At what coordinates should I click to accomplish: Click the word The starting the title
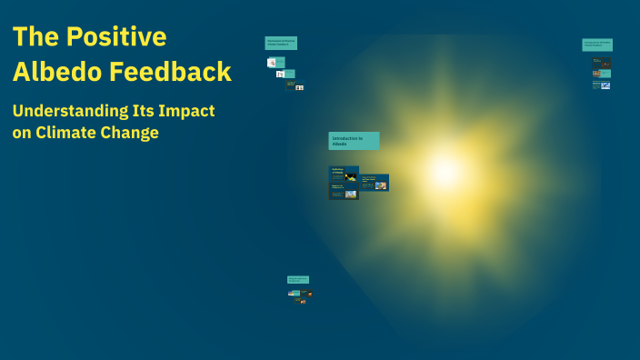pos(34,37)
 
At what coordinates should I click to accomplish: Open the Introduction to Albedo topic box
pos(354,141)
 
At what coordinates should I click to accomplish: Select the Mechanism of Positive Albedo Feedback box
pos(281,43)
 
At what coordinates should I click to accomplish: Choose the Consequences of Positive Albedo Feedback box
pos(597,45)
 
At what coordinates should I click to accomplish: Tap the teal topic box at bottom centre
pos(298,280)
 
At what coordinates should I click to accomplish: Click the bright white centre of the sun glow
pos(445,170)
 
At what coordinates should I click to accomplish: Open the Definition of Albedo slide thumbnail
pos(344,175)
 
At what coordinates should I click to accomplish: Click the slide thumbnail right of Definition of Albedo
pos(375,183)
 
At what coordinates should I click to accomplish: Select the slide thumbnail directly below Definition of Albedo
pos(344,192)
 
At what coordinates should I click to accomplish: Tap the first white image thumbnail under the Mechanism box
pos(272,63)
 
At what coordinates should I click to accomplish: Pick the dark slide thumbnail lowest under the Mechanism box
pos(291,85)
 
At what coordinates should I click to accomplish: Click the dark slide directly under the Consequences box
pos(601,63)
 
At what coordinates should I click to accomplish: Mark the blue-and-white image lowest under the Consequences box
pos(605,85)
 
